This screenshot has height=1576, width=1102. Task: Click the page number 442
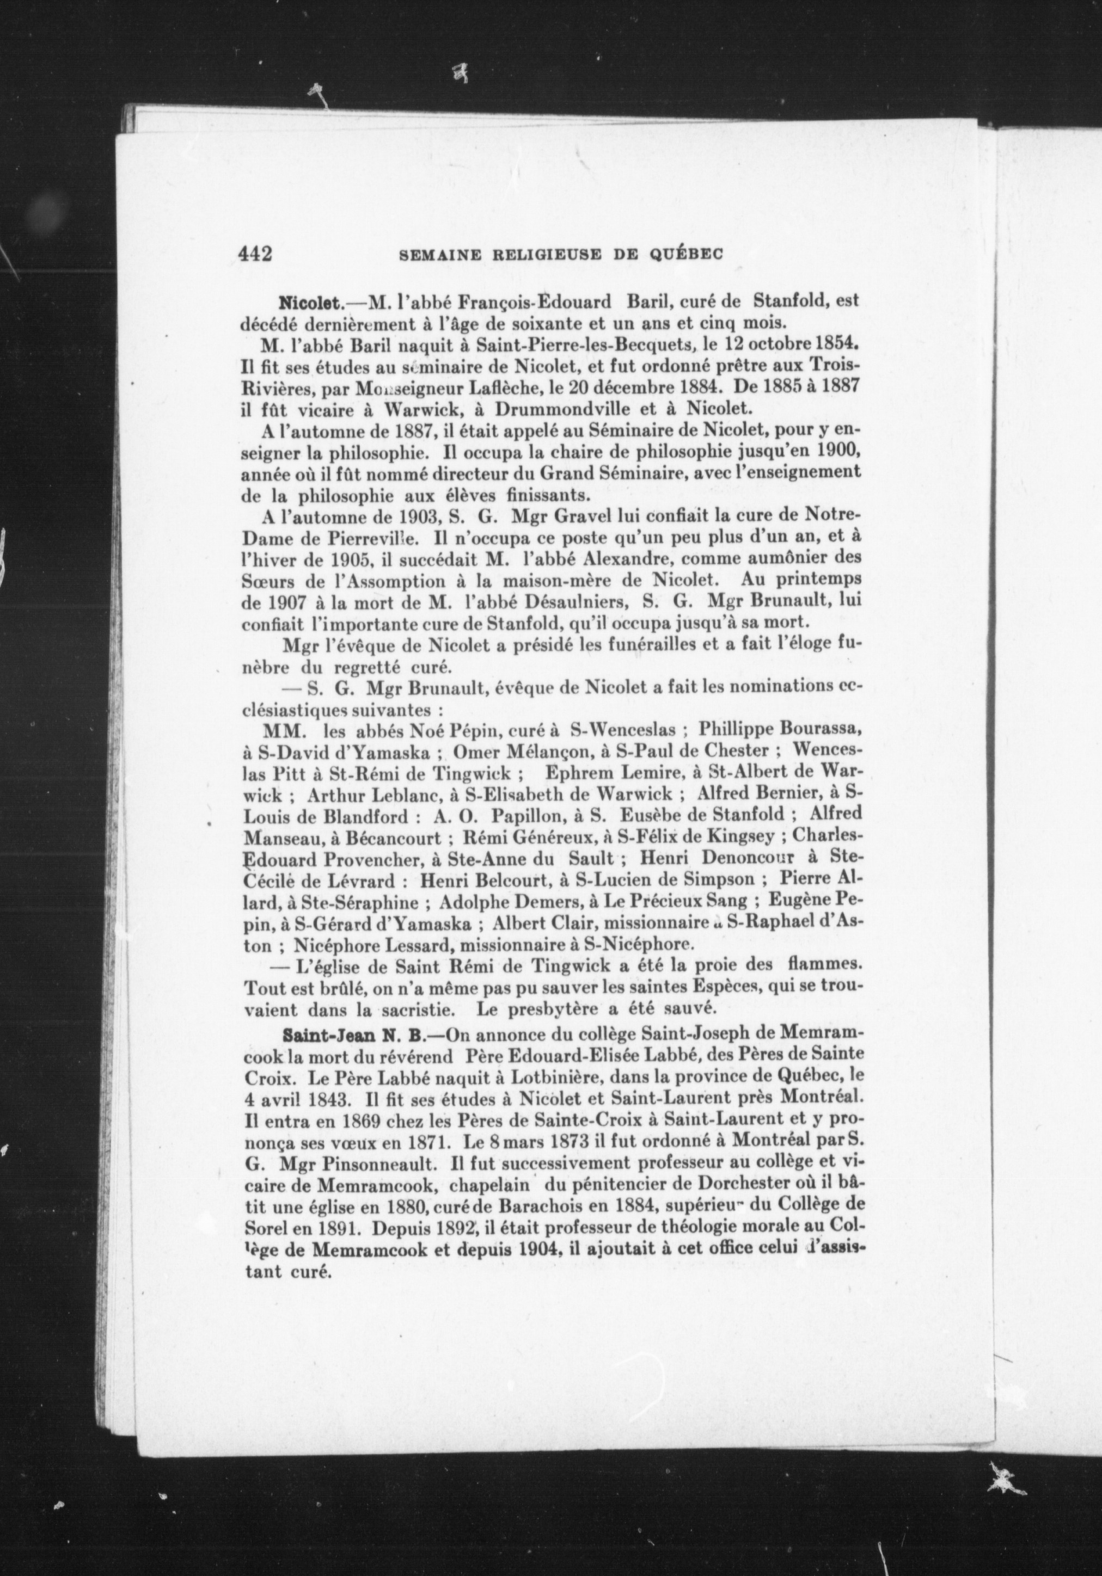click(x=256, y=255)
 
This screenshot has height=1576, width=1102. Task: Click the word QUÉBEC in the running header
click(x=686, y=255)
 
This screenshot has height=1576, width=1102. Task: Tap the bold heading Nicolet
click(x=305, y=302)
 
